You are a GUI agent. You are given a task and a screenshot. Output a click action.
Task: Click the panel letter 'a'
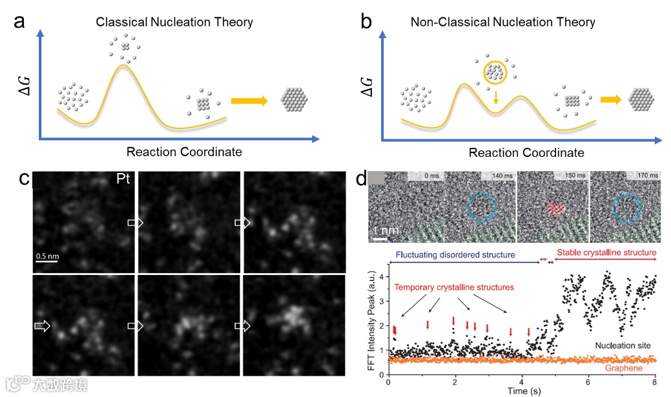pyautogui.click(x=20, y=21)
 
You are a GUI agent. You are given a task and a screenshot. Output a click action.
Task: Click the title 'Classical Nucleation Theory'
pyautogui.click(x=174, y=22)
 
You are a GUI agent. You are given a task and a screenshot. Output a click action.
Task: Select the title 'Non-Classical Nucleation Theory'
pyautogui.click(x=503, y=22)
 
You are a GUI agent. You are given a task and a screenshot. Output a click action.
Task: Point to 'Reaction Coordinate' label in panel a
pyautogui.click(x=184, y=152)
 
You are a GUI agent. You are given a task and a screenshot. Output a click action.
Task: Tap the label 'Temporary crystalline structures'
pyautogui.click(x=455, y=287)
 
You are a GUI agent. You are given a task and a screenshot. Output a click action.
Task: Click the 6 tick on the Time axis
pyautogui.click(x=588, y=382)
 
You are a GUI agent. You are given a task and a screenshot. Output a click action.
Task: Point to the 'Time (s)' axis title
pyautogui.click(x=521, y=390)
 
